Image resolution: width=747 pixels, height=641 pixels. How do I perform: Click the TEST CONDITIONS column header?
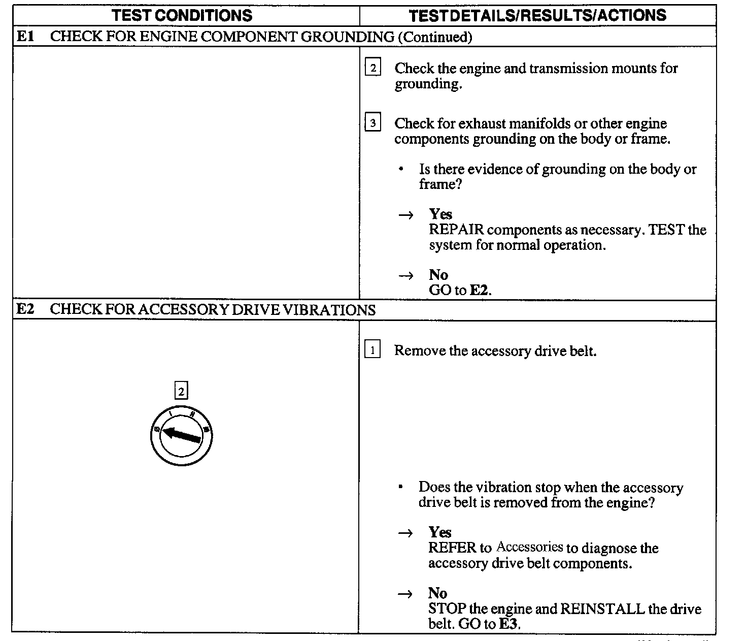tap(182, 15)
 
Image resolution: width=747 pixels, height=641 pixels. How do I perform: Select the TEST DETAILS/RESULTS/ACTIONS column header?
tap(537, 15)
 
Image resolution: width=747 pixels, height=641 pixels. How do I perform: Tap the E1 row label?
tap(25, 36)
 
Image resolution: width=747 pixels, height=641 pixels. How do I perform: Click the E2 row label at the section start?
tap(25, 309)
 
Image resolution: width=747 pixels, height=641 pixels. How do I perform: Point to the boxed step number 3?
tap(372, 123)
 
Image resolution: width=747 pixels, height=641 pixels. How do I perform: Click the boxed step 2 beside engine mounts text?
tap(372, 68)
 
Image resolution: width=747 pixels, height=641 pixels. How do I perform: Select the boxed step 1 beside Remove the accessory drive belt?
tap(372, 350)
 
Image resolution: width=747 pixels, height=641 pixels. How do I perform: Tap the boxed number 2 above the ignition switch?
tap(181, 392)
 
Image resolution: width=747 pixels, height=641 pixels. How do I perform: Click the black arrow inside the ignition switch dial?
tap(182, 435)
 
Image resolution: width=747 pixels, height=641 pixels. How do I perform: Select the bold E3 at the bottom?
tap(509, 624)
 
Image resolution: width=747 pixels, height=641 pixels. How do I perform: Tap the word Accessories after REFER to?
tap(529, 547)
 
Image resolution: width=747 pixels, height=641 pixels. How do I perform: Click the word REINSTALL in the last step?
tap(602, 608)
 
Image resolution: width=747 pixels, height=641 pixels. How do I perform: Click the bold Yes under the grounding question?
tap(440, 214)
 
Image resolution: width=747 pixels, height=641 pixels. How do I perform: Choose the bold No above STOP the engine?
tap(437, 593)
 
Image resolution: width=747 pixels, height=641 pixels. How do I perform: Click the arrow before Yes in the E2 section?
tap(405, 533)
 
